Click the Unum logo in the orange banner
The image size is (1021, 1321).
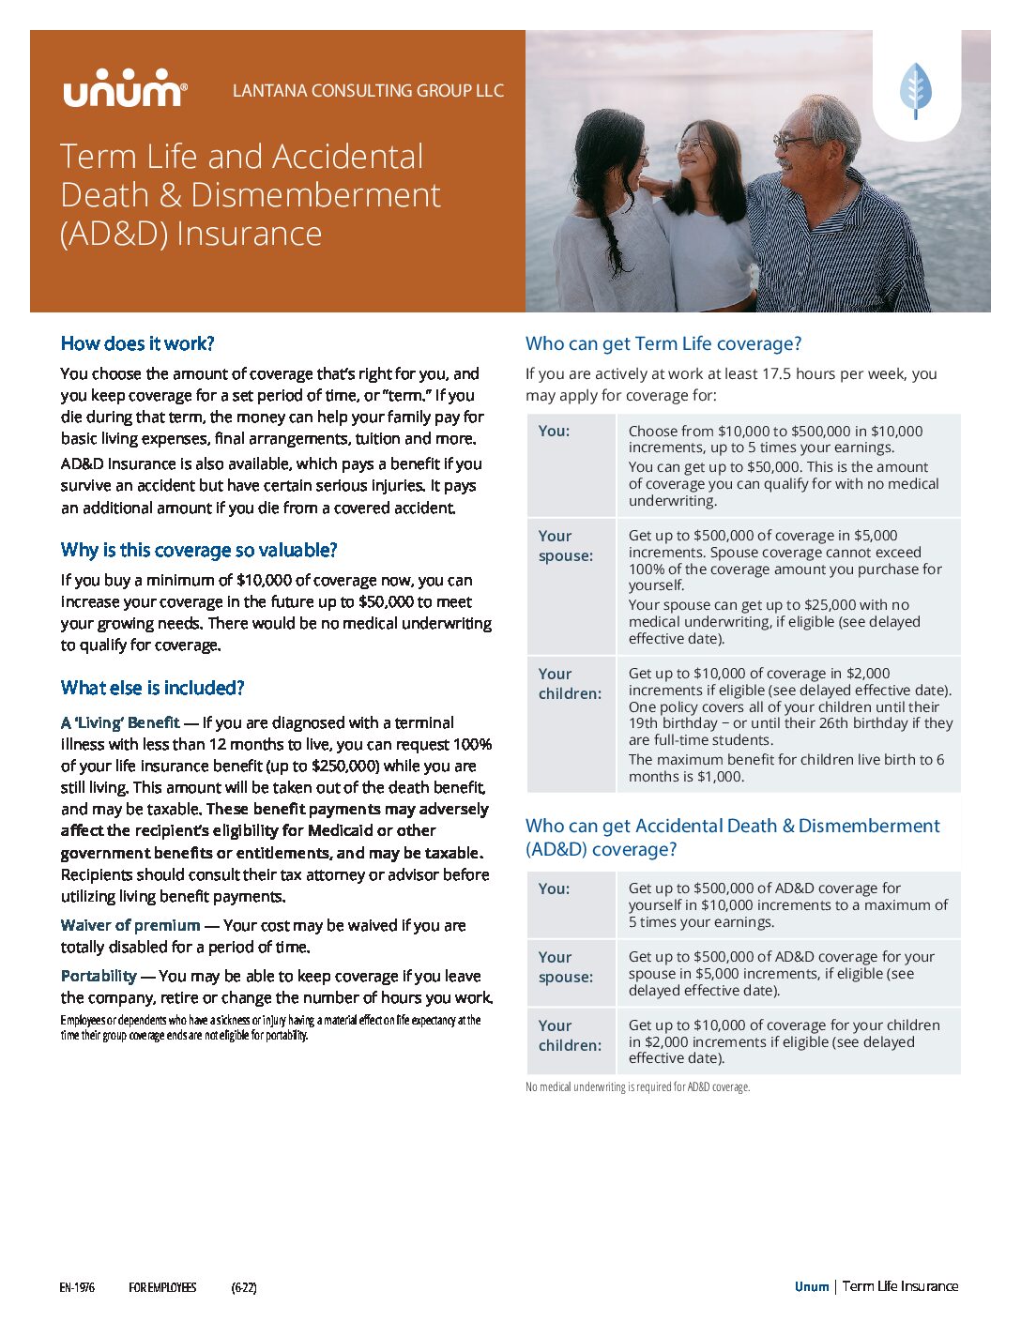pos(125,89)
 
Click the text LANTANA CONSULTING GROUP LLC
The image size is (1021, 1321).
pos(368,91)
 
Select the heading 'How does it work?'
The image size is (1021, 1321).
pos(138,343)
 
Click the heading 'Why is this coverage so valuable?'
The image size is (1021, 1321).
pos(199,550)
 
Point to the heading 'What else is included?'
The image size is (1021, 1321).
pos(152,688)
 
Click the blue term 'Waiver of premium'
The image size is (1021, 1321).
pos(130,925)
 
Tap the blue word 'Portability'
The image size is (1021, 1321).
pos(99,976)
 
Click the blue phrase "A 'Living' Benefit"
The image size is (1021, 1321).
pos(120,722)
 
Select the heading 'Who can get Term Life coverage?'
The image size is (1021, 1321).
pos(663,343)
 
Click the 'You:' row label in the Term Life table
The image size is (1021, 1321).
pos(554,431)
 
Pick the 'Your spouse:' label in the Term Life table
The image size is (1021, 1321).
pos(565,545)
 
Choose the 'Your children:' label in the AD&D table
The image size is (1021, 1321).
pos(570,1035)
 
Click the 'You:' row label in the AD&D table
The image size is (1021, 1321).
pos(554,888)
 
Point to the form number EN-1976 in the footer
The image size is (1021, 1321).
pos(77,1287)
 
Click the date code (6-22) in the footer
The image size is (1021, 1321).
pos(244,1287)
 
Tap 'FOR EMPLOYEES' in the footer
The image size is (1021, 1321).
pos(162,1287)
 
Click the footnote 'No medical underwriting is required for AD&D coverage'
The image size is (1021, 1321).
pos(638,1087)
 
